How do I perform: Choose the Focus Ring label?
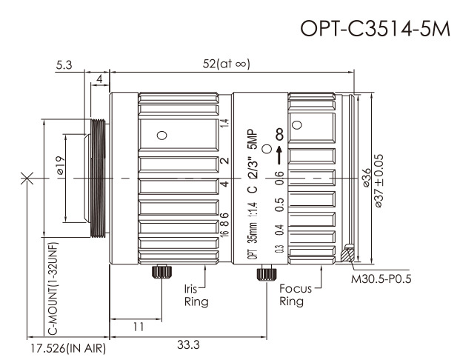[290, 296]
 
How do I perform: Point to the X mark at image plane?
[27, 178]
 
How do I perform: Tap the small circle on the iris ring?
[160, 135]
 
